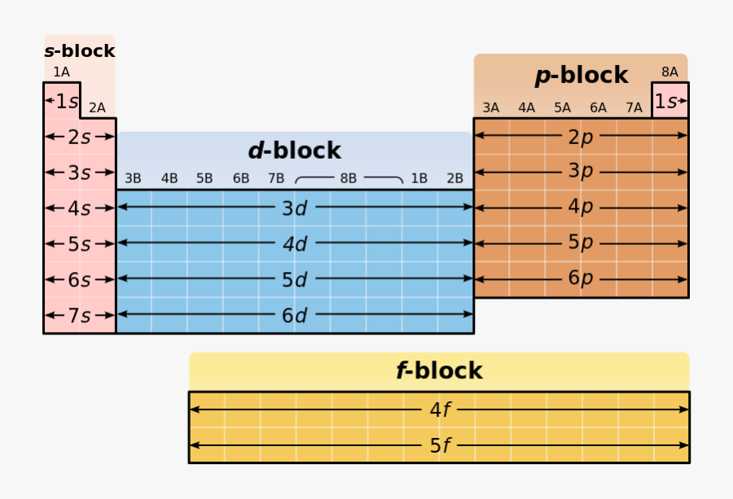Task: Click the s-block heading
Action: click(x=79, y=51)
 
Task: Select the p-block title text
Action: click(x=582, y=76)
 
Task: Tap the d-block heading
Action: click(x=294, y=151)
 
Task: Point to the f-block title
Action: click(x=439, y=371)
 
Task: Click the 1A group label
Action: click(x=61, y=72)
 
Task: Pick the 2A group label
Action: click(x=97, y=107)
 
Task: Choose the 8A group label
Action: click(x=669, y=72)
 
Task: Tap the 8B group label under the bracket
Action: click(x=349, y=178)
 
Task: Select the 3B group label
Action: click(x=133, y=178)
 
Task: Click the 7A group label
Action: click(x=634, y=107)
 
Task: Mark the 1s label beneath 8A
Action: click(x=669, y=102)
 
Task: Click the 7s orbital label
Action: click(x=79, y=316)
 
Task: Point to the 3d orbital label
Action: click(x=294, y=208)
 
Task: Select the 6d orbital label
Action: click(x=294, y=316)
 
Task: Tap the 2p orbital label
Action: click(x=581, y=137)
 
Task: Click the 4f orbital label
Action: click(x=440, y=410)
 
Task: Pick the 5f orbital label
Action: click(x=440, y=446)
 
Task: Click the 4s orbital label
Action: click(x=79, y=208)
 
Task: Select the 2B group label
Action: click(x=454, y=178)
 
